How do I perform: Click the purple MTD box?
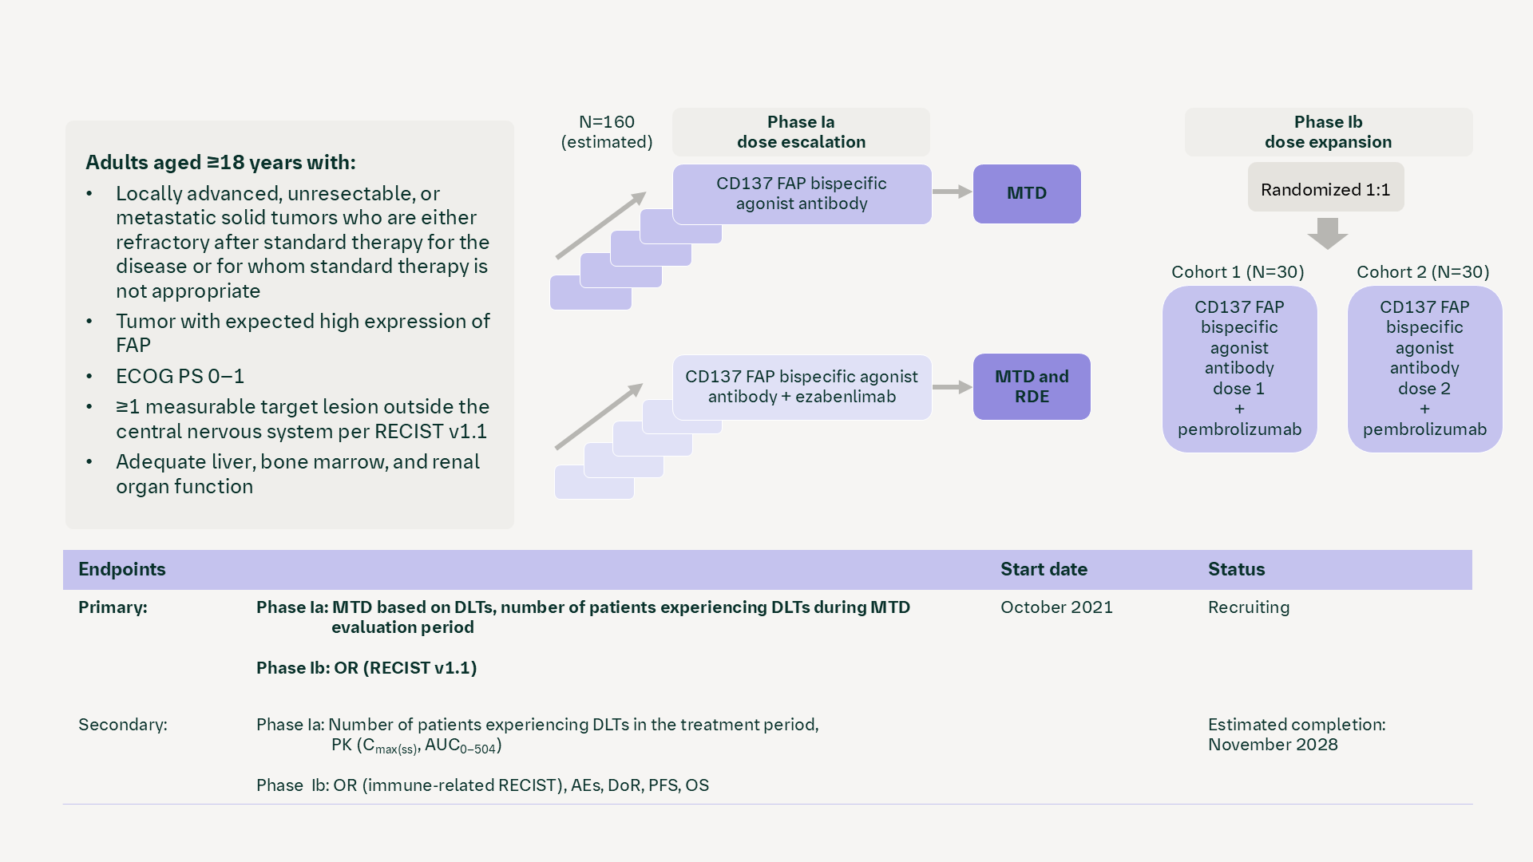[x=1026, y=194]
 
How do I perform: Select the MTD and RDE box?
[x=1031, y=386]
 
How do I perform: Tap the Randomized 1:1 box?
[x=1325, y=189]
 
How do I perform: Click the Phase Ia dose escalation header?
[x=801, y=132]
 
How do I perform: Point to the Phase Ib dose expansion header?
[x=1328, y=132]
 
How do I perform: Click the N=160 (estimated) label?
[x=607, y=132]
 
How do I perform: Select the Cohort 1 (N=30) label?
[x=1238, y=272]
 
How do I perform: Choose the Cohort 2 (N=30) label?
[x=1423, y=272]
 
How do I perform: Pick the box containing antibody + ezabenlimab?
[x=802, y=387]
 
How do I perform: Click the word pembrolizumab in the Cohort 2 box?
[x=1424, y=429]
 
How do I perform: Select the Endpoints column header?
[x=122, y=569]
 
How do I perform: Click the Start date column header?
[x=1044, y=569]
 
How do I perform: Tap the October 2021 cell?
[x=1056, y=607]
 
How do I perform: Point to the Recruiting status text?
[x=1249, y=607]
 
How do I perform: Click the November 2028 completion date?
[x=1273, y=745]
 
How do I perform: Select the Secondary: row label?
[x=123, y=725]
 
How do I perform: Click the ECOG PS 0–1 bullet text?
[x=180, y=376]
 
